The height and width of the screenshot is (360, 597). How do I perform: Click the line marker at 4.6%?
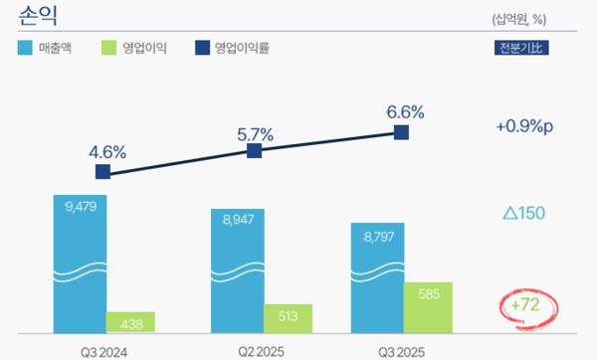pos(103,172)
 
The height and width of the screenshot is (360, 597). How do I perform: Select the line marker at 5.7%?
pos(254,150)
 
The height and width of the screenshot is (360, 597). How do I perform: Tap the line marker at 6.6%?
pos(402,131)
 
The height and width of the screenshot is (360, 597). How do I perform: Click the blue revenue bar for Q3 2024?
pos(80,264)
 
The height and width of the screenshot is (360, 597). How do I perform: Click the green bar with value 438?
pos(130,322)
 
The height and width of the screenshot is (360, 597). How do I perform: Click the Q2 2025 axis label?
pos(262,351)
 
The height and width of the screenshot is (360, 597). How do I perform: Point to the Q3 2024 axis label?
pos(104,351)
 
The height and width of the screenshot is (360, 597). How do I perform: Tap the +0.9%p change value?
pos(523,126)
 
